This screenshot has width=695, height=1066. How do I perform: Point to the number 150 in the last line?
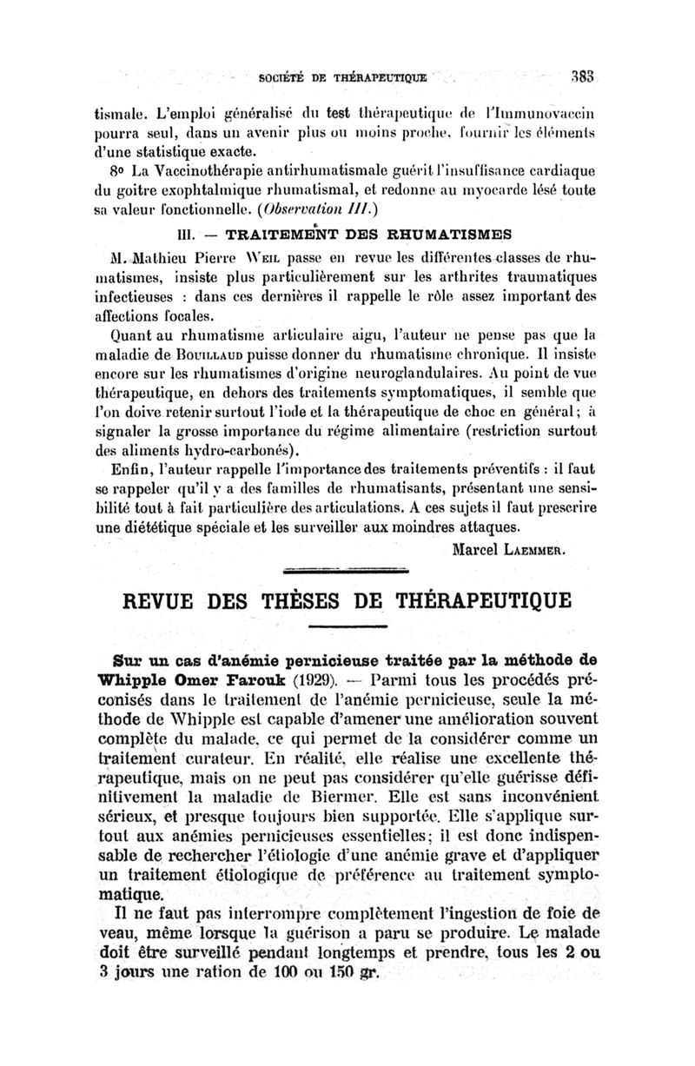pos(320,970)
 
